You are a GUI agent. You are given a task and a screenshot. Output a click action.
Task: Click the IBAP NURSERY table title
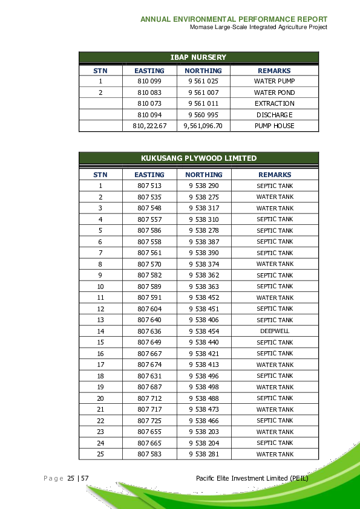click(198, 57)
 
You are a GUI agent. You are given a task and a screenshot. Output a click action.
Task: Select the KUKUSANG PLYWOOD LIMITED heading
click(198, 158)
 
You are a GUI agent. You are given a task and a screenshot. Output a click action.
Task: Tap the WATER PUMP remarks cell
click(274, 81)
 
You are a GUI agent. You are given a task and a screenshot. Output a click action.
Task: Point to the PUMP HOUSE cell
click(274, 126)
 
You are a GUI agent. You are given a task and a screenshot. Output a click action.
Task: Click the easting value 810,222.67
click(149, 126)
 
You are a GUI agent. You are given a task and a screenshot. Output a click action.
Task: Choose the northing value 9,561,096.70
click(203, 126)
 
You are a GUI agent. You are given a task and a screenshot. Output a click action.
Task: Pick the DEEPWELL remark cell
click(275, 331)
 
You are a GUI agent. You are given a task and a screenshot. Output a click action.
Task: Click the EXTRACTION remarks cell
click(274, 103)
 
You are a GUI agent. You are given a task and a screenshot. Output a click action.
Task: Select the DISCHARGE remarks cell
click(274, 115)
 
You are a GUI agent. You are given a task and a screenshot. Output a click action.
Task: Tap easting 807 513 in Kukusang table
click(149, 186)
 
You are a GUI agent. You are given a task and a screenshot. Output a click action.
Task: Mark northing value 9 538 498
click(203, 387)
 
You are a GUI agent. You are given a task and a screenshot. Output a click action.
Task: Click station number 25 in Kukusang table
click(100, 454)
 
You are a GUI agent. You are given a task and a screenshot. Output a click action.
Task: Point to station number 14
click(100, 331)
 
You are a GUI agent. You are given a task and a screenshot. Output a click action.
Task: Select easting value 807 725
click(149, 421)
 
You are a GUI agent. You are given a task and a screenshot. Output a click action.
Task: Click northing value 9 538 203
click(203, 432)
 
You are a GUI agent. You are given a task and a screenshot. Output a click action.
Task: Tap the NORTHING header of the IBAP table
click(203, 71)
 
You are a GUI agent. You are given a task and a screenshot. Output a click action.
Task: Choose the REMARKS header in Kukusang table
click(274, 175)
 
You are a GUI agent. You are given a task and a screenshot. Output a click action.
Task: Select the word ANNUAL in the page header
click(155, 19)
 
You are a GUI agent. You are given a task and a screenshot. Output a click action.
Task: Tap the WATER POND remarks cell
click(274, 92)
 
